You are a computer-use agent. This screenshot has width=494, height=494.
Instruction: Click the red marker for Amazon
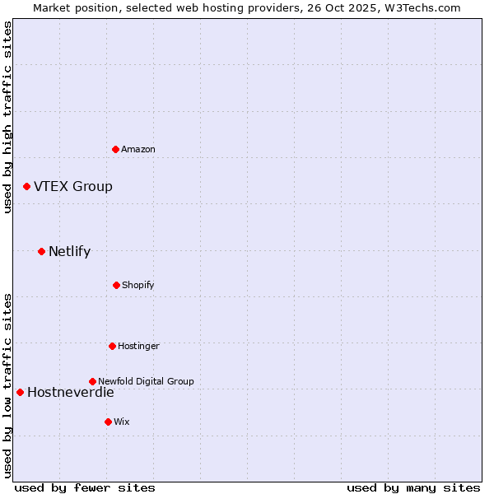click(115, 149)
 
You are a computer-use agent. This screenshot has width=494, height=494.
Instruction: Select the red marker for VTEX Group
click(26, 187)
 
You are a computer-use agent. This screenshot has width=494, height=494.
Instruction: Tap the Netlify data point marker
click(41, 251)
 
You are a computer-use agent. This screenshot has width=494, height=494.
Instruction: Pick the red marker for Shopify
click(116, 285)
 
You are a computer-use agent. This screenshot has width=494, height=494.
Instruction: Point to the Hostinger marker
click(112, 346)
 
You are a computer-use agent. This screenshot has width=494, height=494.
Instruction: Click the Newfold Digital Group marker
click(92, 381)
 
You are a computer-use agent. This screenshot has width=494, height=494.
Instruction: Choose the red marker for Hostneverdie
click(20, 392)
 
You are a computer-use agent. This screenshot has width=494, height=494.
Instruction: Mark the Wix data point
click(108, 422)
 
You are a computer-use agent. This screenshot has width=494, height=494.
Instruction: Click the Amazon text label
click(138, 149)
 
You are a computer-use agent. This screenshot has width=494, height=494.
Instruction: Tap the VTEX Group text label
click(73, 187)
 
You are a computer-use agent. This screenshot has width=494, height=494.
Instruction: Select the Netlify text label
click(69, 252)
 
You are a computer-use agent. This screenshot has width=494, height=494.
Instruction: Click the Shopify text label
click(138, 285)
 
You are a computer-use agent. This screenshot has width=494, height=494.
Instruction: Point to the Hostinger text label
click(138, 346)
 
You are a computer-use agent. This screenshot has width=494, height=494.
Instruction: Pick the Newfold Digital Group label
click(146, 381)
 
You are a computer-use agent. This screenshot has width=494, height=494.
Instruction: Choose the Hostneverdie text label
click(70, 393)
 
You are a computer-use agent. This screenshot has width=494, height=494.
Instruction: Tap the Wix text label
click(122, 422)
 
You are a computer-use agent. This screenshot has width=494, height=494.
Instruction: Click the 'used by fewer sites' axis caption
click(85, 487)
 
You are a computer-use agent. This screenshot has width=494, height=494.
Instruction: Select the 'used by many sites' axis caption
click(413, 487)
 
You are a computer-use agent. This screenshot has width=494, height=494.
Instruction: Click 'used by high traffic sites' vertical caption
click(7, 117)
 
